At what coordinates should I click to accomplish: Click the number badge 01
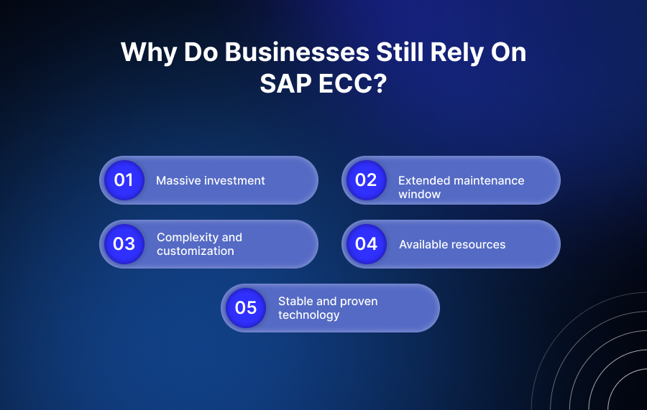point(124,180)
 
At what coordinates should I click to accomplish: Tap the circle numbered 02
point(366,180)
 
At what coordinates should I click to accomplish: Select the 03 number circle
point(124,243)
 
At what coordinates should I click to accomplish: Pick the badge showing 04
point(366,243)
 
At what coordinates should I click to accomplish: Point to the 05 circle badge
point(245,307)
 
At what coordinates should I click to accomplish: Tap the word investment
point(233,181)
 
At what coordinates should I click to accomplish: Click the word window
point(419,195)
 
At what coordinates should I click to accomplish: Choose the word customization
point(195,251)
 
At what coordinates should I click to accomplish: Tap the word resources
point(479,245)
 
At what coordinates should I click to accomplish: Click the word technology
point(308,315)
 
